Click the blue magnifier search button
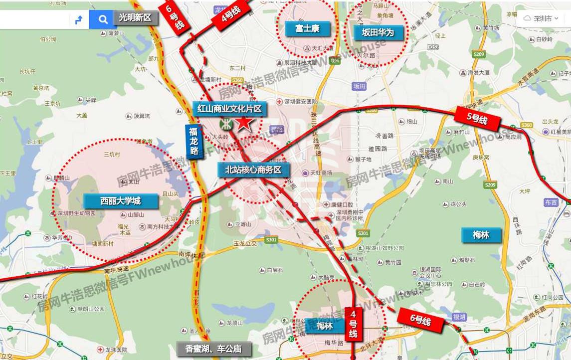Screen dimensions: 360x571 coord(103,19)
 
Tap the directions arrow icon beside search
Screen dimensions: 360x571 coord(78,19)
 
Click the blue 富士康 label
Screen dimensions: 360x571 coord(307,28)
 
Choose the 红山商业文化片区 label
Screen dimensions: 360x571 coord(229,108)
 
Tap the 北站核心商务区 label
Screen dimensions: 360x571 coord(253,170)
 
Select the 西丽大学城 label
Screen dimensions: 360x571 coord(121,201)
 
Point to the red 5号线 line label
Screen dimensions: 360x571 coord(477,119)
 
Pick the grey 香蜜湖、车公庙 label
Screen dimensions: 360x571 coord(213,349)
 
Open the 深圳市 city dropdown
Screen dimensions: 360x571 coord(541,19)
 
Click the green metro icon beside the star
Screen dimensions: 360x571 coord(225,123)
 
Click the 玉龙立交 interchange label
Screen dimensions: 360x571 coord(245,243)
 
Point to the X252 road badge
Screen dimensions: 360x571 coord(433,47)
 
